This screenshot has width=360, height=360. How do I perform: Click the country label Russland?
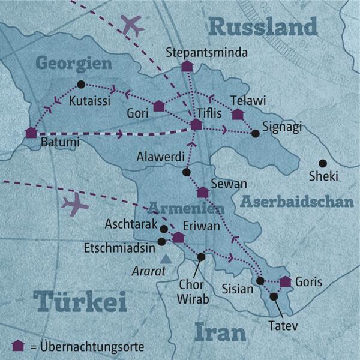point(262,26)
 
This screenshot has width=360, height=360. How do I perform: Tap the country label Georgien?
point(74,63)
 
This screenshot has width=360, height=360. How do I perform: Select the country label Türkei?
point(80,302)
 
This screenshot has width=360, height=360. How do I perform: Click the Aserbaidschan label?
point(296,202)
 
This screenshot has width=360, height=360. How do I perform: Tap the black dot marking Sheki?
point(322,163)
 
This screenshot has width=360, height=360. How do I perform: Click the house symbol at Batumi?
point(31,133)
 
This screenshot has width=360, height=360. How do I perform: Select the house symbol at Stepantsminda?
point(187,66)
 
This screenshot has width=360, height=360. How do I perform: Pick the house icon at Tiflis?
point(196,124)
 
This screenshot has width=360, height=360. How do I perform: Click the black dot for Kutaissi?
point(81,85)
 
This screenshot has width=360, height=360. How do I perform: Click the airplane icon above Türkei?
point(75,206)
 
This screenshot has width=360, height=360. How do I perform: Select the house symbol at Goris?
point(286,281)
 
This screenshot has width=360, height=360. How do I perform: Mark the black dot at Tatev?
point(274,296)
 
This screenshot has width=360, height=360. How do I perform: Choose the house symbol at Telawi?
point(238,114)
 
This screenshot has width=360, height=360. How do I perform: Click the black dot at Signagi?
point(256,133)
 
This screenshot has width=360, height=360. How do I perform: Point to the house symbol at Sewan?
point(203,193)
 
